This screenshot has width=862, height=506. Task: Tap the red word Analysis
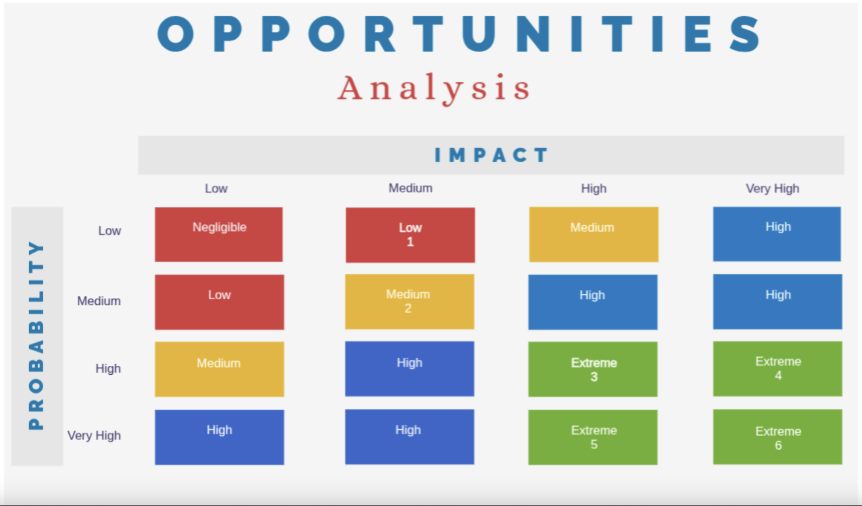coord(434,88)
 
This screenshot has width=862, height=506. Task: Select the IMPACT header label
coord(491,155)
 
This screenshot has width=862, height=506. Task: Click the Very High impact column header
coord(772,188)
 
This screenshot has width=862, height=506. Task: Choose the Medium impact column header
coord(410,188)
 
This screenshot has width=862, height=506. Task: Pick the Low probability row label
coord(109,231)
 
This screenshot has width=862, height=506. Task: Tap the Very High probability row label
coord(94,436)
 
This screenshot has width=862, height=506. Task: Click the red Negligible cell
coord(219,234)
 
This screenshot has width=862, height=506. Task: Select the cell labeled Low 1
coord(410,235)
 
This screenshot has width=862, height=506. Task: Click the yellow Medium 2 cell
coord(409,301)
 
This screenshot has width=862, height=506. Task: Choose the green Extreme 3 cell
coord(593,369)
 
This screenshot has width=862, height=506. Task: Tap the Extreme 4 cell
coord(777,369)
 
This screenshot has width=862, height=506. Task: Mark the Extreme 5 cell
coord(593,437)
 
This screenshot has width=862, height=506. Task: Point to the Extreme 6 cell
coord(777,437)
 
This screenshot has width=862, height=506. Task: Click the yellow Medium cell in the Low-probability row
coord(594,234)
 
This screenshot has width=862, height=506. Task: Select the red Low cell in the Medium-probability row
coord(219,302)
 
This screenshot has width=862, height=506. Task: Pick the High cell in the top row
coord(777,234)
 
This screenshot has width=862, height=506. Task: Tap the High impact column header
coord(594,188)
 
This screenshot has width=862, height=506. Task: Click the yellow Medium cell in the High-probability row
coord(219,369)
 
